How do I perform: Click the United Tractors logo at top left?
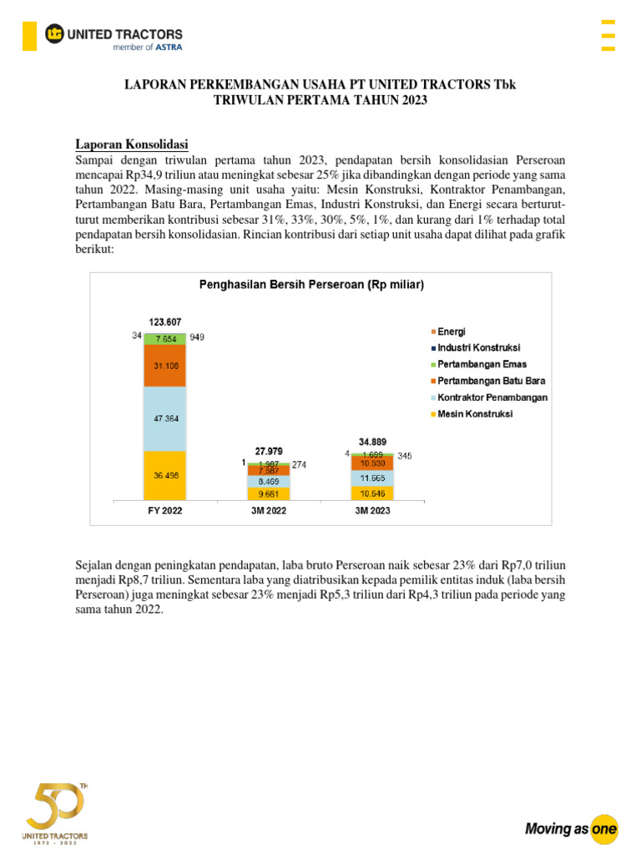(x=114, y=36)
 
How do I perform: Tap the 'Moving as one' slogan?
(x=571, y=828)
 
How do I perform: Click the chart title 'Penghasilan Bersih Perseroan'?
(x=311, y=285)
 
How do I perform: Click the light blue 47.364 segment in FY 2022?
(x=165, y=419)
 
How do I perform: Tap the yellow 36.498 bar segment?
(x=165, y=474)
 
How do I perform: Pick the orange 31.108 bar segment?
(x=165, y=366)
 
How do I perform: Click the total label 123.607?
(x=165, y=321)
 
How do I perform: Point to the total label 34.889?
(x=371, y=442)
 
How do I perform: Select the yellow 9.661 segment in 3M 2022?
(x=268, y=493)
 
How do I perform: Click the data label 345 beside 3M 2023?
(x=404, y=457)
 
